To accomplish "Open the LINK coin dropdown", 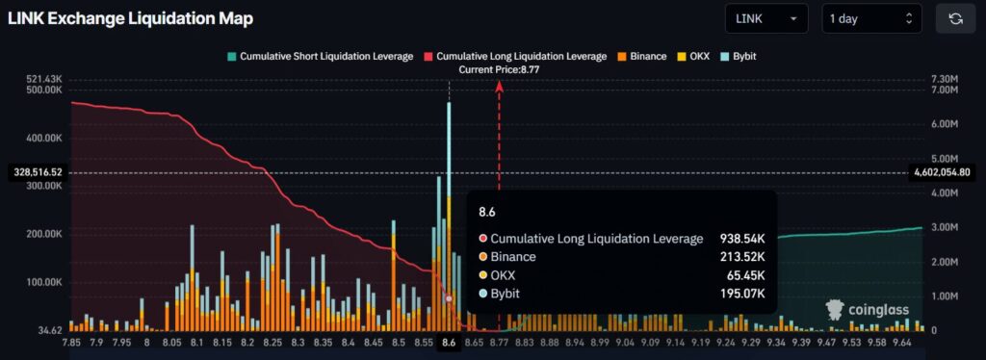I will [766, 18].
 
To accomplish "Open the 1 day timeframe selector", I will [870, 18].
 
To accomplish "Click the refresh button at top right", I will [955, 18].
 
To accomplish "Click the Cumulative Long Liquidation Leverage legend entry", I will [517, 57].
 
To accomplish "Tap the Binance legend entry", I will [642, 57].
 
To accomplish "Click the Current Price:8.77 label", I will [499, 69].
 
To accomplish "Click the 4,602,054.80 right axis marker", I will [945, 172].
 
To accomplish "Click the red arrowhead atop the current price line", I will [499, 86].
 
